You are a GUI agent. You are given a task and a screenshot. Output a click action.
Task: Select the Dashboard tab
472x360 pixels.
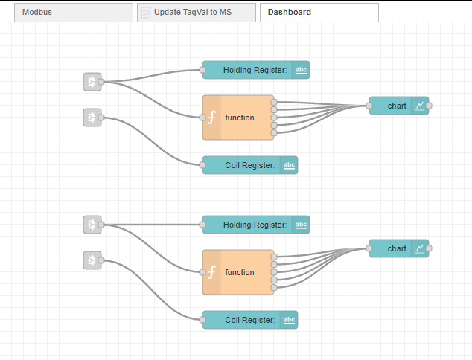pos(290,13)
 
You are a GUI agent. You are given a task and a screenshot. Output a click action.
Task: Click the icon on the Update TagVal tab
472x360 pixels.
pos(146,13)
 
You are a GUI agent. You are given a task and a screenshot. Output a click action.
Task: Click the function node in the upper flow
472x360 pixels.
pos(239,118)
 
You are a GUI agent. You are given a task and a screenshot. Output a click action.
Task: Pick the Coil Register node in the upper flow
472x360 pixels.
pos(249,165)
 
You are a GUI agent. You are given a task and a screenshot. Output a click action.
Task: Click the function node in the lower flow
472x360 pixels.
pos(239,272)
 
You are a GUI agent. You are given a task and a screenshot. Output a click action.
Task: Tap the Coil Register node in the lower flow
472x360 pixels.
pos(249,320)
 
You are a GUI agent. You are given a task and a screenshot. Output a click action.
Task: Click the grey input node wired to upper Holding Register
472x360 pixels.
pos(92,82)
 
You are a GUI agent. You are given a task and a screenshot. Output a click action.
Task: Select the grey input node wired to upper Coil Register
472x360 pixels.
pos(92,118)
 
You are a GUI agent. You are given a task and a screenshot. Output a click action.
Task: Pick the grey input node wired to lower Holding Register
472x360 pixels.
pos(92,225)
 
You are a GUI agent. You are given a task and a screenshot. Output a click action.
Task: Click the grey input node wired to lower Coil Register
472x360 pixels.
pos(92,260)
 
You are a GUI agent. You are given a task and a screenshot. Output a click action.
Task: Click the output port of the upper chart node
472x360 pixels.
pos(429,106)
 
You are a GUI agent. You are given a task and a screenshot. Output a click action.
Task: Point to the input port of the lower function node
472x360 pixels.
pos(202,272)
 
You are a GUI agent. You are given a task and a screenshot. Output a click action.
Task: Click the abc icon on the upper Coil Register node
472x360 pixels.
pos(290,165)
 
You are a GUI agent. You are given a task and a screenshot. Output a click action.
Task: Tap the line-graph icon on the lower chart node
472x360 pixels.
pos(421,248)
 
